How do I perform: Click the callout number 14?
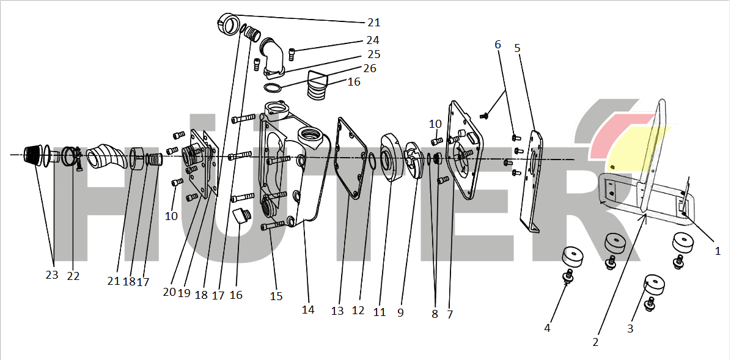308,309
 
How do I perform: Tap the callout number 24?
372,40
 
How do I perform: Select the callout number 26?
370,68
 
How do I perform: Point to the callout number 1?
718,251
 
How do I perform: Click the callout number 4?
547,328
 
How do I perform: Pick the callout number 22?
73,276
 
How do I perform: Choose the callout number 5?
517,48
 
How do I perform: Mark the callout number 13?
337,310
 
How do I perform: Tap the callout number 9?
400,313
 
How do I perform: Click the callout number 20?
169,292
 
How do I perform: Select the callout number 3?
630,328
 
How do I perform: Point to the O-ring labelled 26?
272,87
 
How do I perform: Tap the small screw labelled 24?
292,54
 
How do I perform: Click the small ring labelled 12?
372,161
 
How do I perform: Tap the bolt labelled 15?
274,226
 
